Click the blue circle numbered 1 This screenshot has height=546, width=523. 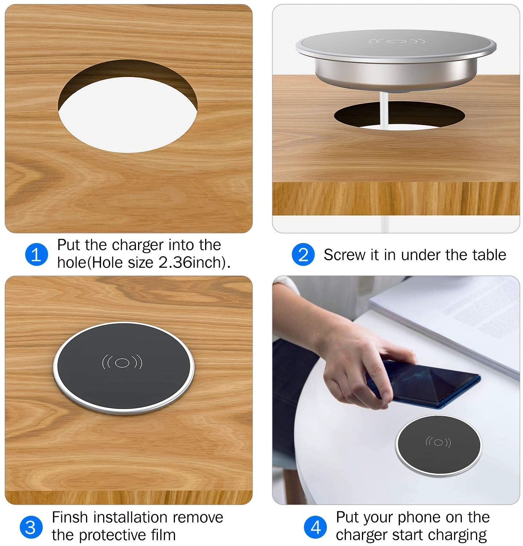pyautogui.click(x=36, y=254)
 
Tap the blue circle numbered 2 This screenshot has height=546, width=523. pyautogui.click(x=303, y=254)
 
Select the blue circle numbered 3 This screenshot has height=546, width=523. pyautogui.click(x=31, y=527)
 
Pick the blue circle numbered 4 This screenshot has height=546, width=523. pyautogui.click(x=316, y=527)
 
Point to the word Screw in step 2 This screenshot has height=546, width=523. pyautogui.click(x=344, y=255)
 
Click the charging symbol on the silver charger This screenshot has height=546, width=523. pyautogui.click(x=397, y=41)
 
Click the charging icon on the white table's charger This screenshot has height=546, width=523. pyautogui.click(x=438, y=442)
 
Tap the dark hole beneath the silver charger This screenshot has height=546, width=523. pyautogui.click(x=399, y=115)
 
